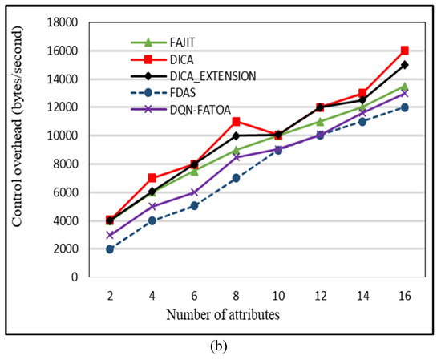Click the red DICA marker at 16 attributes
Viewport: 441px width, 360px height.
coord(404,51)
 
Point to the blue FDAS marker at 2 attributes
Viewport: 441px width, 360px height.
coord(110,249)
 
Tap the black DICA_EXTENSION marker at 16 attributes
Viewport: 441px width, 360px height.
coord(404,64)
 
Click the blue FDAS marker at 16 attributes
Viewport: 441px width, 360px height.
coord(404,107)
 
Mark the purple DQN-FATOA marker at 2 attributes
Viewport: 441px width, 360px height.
coord(110,235)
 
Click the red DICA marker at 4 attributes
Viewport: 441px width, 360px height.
coord(152,178)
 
